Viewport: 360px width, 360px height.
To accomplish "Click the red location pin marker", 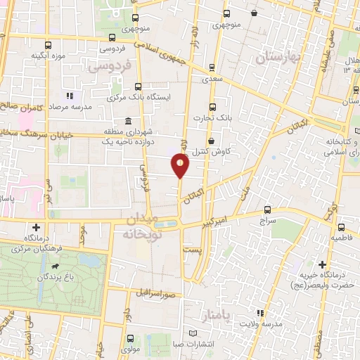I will [181, 166].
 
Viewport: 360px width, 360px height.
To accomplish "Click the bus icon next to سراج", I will [267, 210].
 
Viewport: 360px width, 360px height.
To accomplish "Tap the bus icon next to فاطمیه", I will [341, 227].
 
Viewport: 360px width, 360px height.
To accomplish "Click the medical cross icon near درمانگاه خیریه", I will [322, 265].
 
